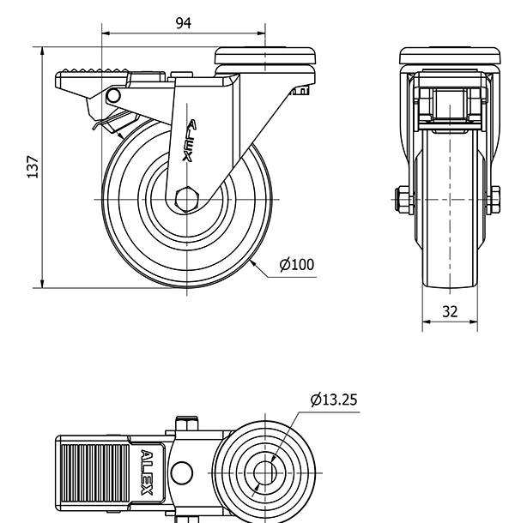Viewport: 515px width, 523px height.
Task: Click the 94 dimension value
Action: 183,23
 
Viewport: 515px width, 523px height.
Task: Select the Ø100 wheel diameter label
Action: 297,264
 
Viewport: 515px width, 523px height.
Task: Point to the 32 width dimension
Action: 450,311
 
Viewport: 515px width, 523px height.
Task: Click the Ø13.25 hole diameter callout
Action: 333,399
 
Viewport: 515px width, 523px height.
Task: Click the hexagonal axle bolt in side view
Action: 187,198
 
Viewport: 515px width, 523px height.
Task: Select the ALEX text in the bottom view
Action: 147,472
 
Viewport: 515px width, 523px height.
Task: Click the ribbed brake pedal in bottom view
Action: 95,472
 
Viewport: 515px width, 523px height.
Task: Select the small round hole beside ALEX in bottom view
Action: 181,472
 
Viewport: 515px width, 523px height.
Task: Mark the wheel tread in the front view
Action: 450,257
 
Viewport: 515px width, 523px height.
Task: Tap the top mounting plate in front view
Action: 450,57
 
